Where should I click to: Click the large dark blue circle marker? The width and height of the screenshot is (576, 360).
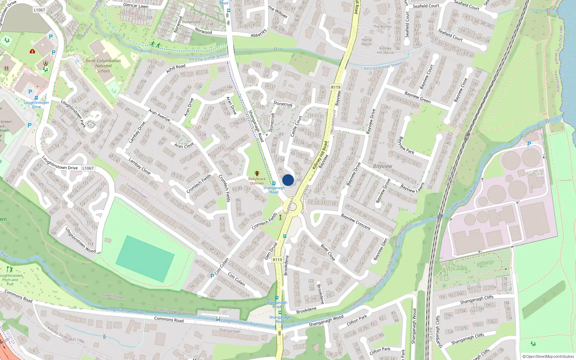pyautogui.click(x=288, y=180)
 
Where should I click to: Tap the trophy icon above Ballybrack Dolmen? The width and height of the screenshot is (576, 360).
pyautogui.click(x=257, y=174)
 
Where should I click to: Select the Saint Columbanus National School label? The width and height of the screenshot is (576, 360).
pyautogui.click(x=103, y=66)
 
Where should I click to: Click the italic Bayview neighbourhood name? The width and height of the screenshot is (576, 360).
pyautogui.click(x=382, y=166)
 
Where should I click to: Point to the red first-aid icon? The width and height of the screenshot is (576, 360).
pyautogui.click(x=32, y=51)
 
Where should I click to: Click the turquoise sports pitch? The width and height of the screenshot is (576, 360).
pyautogui.click(x=145, y=254)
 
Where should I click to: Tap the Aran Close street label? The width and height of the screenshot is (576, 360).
pyautogui.click(x=184, y=145)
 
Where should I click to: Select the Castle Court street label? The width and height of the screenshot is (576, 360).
pyautogui.click(x=296, y=126)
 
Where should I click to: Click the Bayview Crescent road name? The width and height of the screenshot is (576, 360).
pyautogui.click(x=356, y=222)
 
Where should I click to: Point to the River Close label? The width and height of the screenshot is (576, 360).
pyautogui.click(x=328, y=253)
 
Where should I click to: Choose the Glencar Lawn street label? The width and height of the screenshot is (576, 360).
pyautogui.click(x=136, y=5)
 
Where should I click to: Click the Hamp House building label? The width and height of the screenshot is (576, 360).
pyautogui.click(x=366, y=42)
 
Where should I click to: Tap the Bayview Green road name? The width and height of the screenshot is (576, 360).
pyautogui.click(x=418, y=97)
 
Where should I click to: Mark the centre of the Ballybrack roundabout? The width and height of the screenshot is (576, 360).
pyautogui.click(x=292, y=207)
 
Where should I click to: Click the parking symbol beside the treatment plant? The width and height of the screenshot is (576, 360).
pyautogui.click(x=529, y=144)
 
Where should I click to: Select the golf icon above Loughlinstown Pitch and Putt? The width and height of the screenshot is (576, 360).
pyautogui.click(x=10, y=269)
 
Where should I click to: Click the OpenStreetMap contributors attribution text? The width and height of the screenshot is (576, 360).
pyautogui.click(x=548, y=356)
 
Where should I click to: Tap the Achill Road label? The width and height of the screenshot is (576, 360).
pyautogui.click(x=176, y=68)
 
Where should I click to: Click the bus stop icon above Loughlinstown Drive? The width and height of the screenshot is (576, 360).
pyautogui.click(x=36, y=98)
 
